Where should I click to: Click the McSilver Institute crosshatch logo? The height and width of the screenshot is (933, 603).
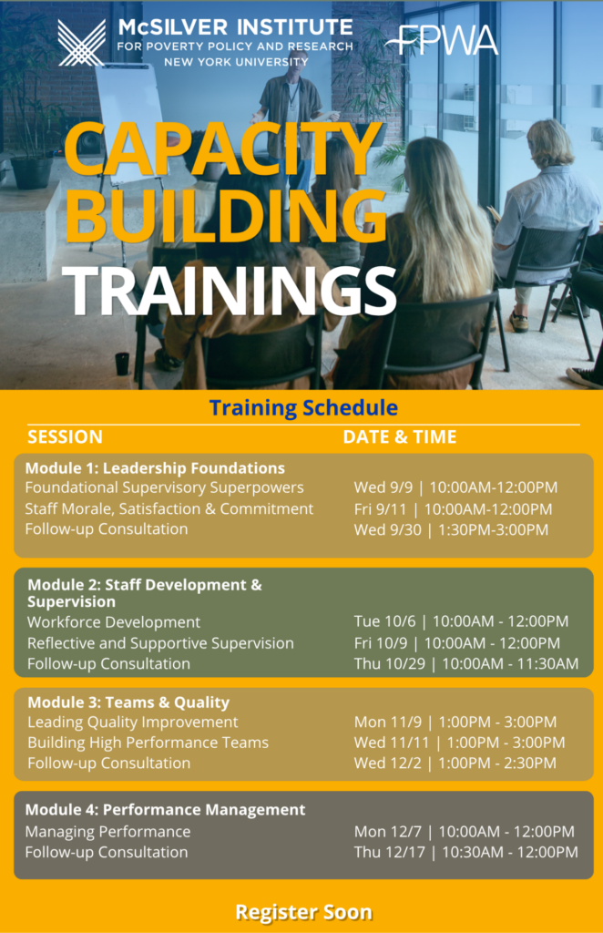point(81,43)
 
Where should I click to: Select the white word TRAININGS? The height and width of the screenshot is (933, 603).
point(230,290)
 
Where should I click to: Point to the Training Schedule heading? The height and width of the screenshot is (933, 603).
point(303,407)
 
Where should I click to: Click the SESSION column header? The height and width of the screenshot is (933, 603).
point(65,436)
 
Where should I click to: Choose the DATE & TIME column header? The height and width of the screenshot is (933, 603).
point(400,436)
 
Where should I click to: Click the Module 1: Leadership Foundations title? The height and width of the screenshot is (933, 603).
point(155,467)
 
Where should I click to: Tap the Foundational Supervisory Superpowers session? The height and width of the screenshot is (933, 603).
point(164,487)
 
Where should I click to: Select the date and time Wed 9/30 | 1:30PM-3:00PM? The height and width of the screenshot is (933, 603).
point(451,529)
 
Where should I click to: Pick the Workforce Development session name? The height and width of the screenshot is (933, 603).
point(114,621)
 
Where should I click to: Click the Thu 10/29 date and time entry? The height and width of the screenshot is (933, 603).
point(466,663)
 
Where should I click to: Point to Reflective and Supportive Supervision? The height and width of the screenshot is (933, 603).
point(160,643)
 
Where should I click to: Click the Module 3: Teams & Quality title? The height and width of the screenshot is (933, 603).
point(128,702)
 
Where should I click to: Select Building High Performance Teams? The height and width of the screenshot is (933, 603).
point(148,743)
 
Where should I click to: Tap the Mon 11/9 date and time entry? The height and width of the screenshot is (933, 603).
point(455,722)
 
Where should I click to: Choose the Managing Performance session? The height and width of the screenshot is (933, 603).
point(107,831)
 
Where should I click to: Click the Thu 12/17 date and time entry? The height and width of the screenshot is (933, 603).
point(466,852)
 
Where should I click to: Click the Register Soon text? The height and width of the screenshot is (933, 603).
point(304,912)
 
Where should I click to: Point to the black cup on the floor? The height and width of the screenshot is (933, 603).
point(122,364)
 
